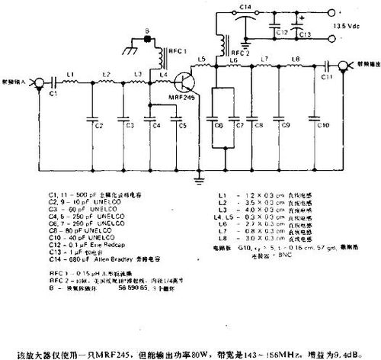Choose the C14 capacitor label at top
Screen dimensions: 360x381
tap(244, 7)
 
